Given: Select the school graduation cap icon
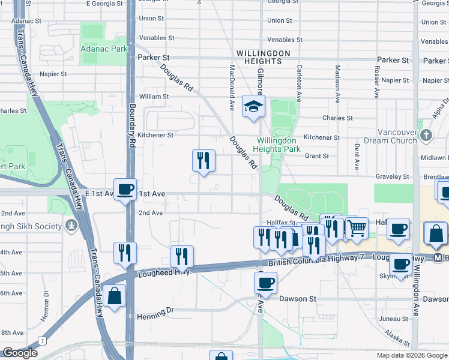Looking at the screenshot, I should tap(253, 107).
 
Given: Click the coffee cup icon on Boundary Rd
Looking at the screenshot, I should tap(125, 190).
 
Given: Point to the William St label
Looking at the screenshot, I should tap(154, 96).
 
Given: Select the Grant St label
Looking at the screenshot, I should tap(317, 156).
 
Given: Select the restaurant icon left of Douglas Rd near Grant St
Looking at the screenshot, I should tap(203, 160).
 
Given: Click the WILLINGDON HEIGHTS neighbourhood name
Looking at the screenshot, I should tap(259, 57).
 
